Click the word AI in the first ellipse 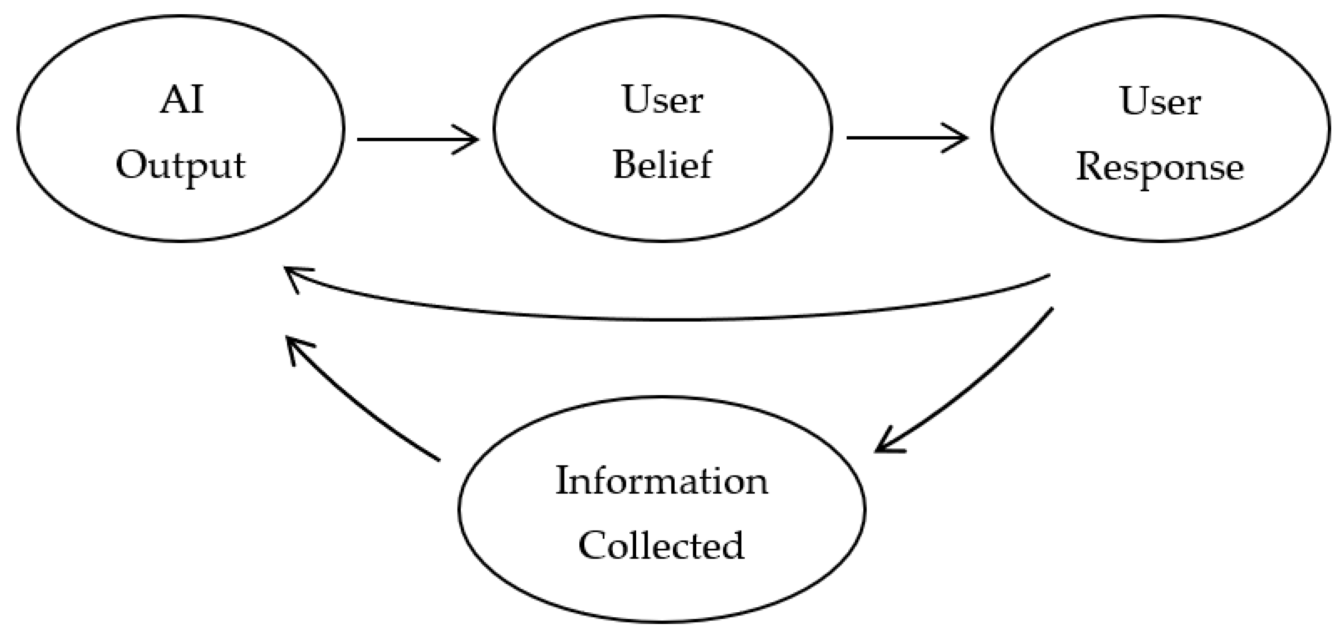pyautogui.click(x=181, y=100)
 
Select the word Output pyautogui.click(x=180, y=166)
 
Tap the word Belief pyautogui.click(x=662, y=165)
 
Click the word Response pyautogui.click(x=1160, y=168)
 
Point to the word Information pyautogui.click(x=661, y=481)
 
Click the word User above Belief pyautogui.click(x=662, y=100)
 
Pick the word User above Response pyautogui.click(x=1160, y=102)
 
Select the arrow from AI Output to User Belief pyautogui.click(x=417, y=139)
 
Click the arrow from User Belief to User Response pyautogui.click(x=907, y=138)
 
